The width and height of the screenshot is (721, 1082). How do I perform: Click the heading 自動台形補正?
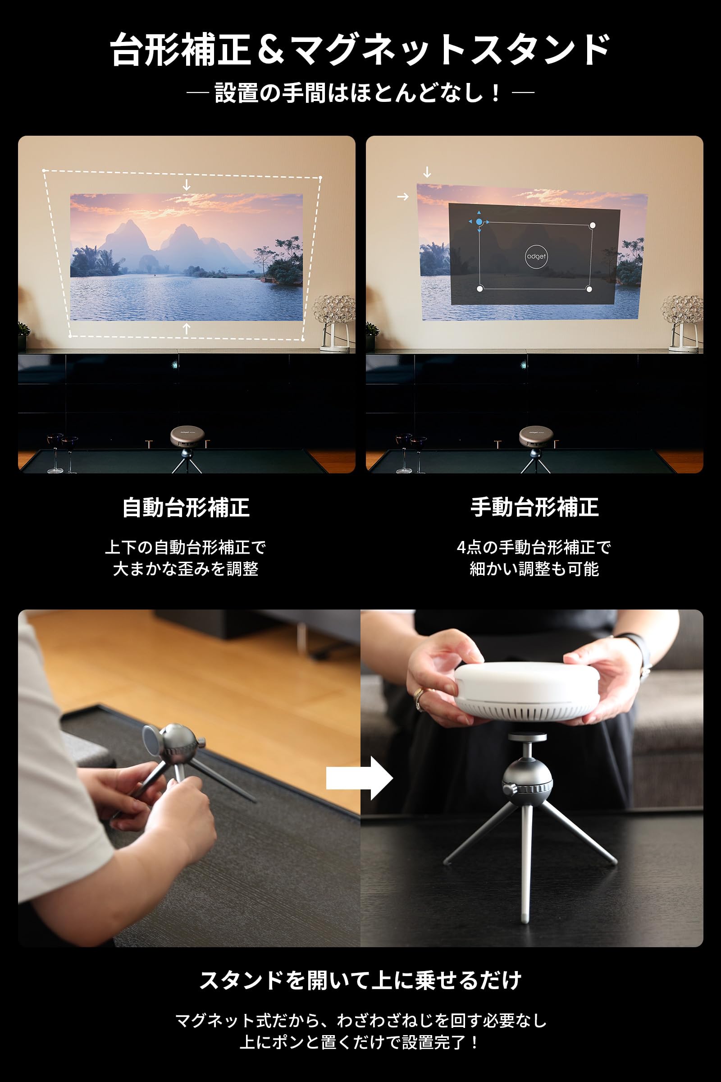[x=186, y=508]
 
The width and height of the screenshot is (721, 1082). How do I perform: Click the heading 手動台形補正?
[x=534, y=508]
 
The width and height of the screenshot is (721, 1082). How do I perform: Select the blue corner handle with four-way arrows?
[x=479, y=222]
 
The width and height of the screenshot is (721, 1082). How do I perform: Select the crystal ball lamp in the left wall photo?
[x=333, y=313]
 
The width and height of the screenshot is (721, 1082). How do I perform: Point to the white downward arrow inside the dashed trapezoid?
[x=186, y=185]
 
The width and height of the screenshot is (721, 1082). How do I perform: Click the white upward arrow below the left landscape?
[x=186, y=329]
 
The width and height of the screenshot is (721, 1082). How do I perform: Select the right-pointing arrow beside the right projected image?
[x=403, y=197]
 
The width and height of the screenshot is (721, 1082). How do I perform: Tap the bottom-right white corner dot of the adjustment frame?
[x=589, y=289]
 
